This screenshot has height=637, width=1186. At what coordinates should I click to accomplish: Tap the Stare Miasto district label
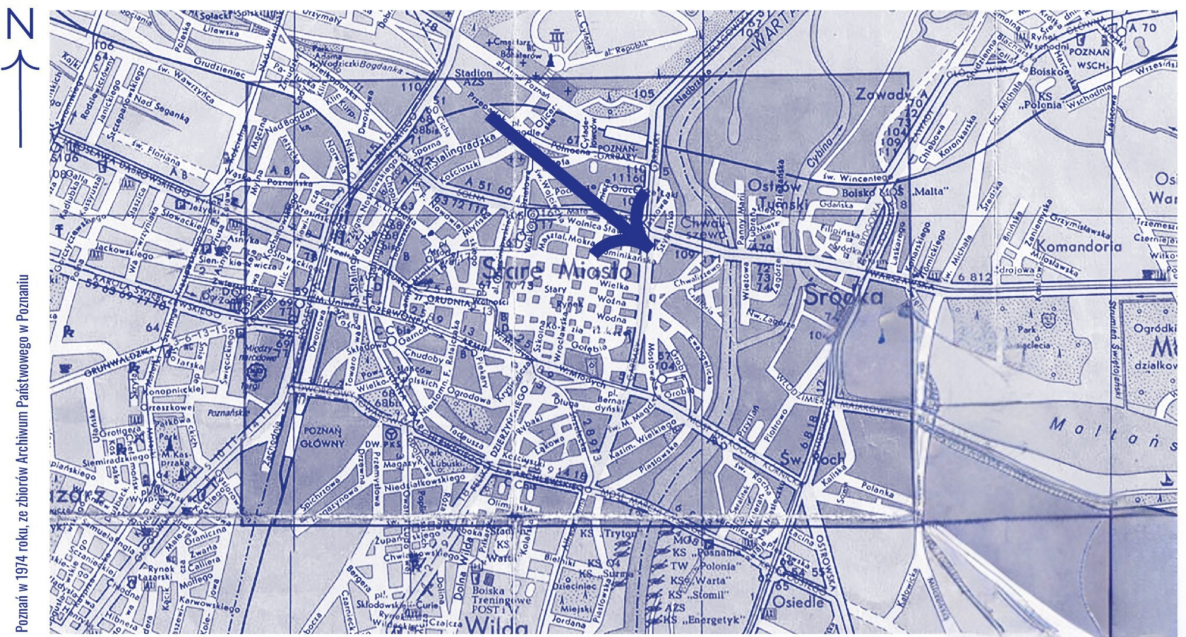(556, 271)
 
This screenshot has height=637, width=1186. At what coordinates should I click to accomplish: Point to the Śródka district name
(843, 296)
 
